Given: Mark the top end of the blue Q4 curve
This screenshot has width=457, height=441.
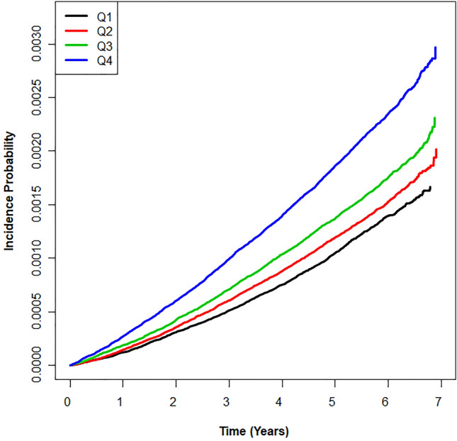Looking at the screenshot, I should [x=435, y=48].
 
